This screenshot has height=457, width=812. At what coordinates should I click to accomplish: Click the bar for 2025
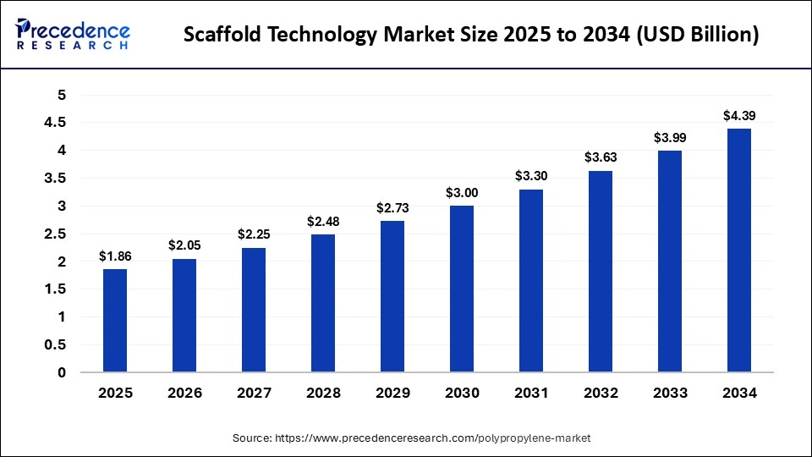pos(115,321)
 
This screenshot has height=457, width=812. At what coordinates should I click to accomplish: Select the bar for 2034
pos(738,251)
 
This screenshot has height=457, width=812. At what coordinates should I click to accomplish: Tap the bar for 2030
pos(462,289)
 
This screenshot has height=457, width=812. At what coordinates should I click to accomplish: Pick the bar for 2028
pos(323,303)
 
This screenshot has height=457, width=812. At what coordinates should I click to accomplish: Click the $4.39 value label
pos(738,115)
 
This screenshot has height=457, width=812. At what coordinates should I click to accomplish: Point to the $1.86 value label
pos(115,256)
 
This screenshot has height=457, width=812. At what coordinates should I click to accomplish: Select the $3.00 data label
pos(462,192)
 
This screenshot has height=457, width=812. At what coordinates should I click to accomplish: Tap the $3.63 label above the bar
pos(601,157)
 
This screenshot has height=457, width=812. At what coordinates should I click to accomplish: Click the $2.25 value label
pos(254,234)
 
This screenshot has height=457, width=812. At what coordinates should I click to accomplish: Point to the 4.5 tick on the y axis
pos(55,123)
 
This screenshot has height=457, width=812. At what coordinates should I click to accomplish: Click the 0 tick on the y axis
pos(61,372)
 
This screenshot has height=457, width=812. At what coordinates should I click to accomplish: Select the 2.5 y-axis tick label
pos(55,234)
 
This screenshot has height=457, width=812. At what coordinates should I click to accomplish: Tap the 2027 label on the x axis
pos(254,394)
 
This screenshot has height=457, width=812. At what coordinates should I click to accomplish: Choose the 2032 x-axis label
pos(601,394)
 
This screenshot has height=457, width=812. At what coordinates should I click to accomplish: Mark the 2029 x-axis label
pos(392,394)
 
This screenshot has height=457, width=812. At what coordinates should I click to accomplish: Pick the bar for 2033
pos(669,262)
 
